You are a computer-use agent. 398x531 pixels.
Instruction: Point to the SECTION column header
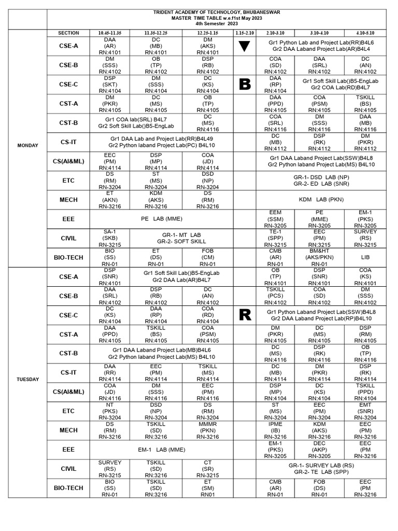point(68,33)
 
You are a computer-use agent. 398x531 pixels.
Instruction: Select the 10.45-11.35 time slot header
point(110,33)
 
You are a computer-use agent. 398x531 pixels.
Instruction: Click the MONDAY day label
point(27,146)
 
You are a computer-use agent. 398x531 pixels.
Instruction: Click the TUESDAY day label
point(27,380)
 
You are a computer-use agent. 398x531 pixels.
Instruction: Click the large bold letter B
point(245,85)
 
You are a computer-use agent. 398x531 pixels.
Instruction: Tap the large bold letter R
point(245,315)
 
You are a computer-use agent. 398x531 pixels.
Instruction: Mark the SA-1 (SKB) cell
point(109,238)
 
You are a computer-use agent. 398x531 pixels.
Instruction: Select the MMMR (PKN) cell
point(208,430)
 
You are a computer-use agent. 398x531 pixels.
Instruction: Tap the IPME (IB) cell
point(275,430)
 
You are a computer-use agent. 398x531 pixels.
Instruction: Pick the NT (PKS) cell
point(109,411)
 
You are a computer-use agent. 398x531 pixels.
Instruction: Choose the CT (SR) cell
point(208,469)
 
